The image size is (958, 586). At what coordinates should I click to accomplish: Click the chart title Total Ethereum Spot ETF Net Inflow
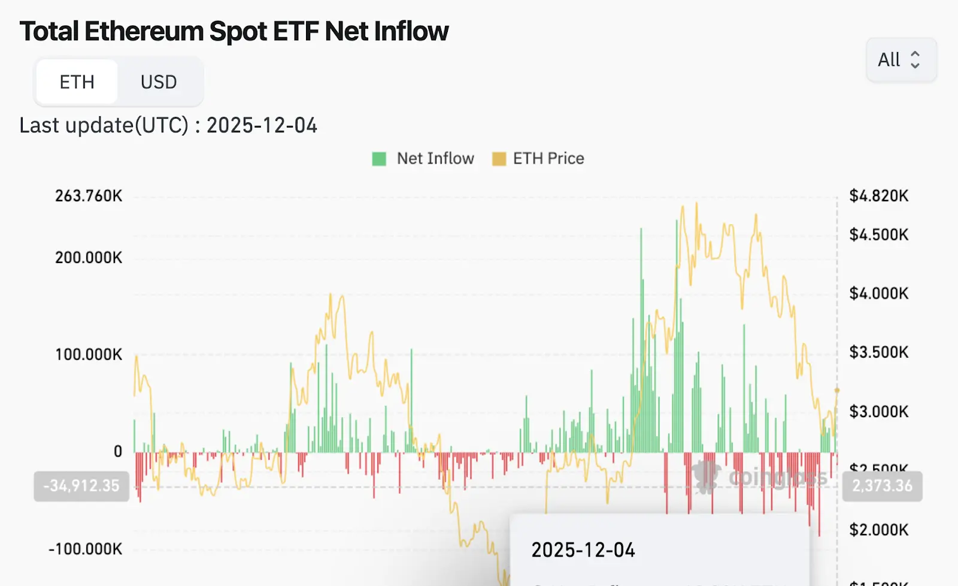(x=234, y=31)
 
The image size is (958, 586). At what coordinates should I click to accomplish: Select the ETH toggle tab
(x=77, y=81)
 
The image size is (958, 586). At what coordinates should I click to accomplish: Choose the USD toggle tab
(x=159, y=81)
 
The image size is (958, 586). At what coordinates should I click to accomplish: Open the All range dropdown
(x=901, y=59)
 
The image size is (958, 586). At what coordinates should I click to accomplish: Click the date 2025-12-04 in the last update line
(x=262, y=125)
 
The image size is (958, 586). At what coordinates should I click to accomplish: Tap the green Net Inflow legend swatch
(x=379, y=159)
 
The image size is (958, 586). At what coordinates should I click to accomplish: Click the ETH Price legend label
(x=548, y=158)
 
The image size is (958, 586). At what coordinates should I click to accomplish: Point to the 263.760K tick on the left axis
(x=89, y=196)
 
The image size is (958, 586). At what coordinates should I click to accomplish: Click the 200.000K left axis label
(x=89, y=258)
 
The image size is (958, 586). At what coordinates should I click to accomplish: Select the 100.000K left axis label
(x=89, y=354)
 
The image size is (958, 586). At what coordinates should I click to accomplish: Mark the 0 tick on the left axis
(x=118, y=451)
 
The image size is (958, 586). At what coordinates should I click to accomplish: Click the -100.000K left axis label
(x=86, y=549)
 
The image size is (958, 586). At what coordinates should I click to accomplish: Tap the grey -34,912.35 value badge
(x=81, y=485)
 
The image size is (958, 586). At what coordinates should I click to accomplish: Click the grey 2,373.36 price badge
(x=882, y=485)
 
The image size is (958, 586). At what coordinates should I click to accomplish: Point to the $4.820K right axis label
(x=878, y=196)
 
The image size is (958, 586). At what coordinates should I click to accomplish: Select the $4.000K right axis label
(x=878, y=294)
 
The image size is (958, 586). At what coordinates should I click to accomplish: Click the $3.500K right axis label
(x=878, y=352)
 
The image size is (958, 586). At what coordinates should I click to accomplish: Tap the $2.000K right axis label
(x=878, y=530)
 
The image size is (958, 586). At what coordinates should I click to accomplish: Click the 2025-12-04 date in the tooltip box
(x=583, y=550)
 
